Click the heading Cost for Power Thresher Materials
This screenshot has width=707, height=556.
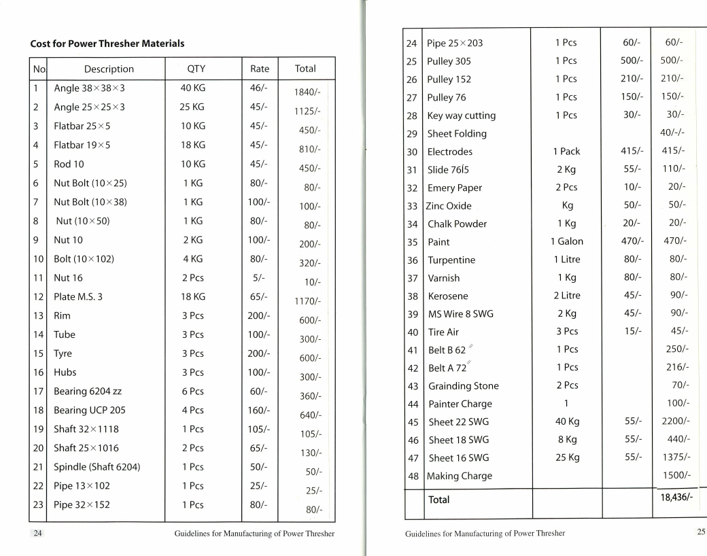click(x=107, y=44)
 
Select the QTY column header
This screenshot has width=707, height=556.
click(x=196, y=69)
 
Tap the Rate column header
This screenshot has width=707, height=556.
click(x=260, y=69)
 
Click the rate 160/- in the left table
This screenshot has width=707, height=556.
click(x=260, y=411)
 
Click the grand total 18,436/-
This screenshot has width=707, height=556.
click(x=676, y=498)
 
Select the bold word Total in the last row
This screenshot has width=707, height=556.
click(x=439, y=500)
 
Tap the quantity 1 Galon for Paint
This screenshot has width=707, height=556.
click(x=566, y=241)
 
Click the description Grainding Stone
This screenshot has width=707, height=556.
click(x=463, y=386)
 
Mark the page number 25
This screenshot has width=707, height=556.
click(x=701, y=532)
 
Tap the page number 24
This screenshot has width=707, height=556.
click(x=38, y=534)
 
